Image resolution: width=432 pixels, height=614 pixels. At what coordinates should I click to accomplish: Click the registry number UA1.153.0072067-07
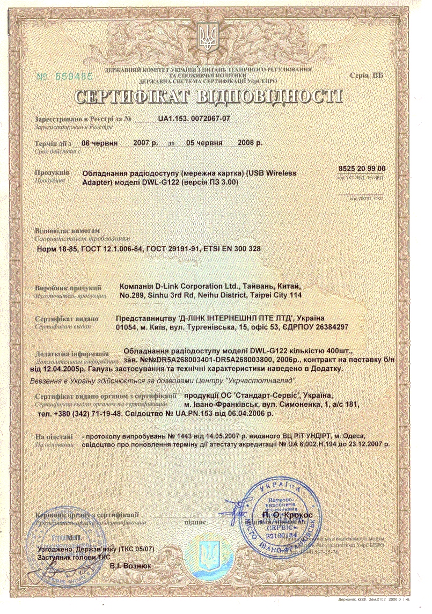point(194,119)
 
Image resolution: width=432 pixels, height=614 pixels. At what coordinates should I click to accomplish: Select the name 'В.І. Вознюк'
point(130,566)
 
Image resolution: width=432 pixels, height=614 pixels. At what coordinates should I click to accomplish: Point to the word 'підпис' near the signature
point(194,521)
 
